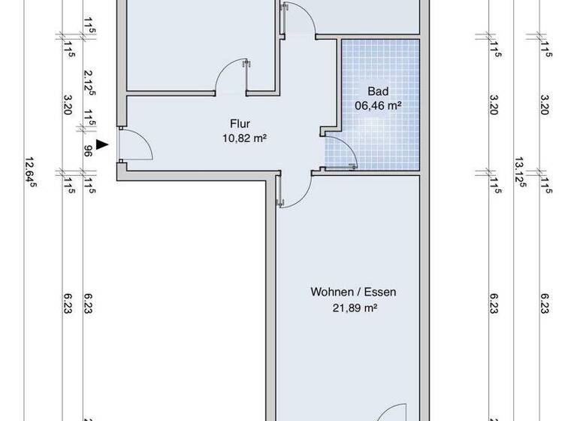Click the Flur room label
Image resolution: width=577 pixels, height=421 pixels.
click(241, 125)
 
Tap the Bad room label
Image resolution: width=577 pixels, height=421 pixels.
click(376, 92)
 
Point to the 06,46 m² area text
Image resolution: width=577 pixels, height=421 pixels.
click(376, 106)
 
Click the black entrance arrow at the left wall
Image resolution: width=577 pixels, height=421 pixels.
click(103, 147)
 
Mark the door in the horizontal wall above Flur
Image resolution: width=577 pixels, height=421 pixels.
click(231, 75)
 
